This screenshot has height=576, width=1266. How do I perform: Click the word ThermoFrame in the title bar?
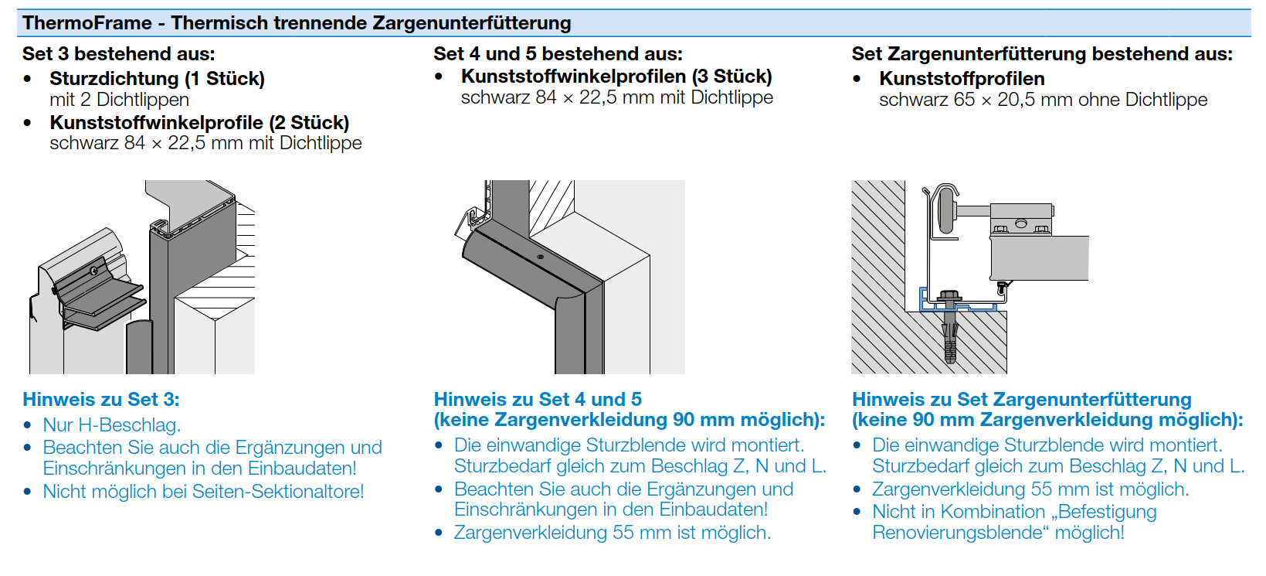point(87,23)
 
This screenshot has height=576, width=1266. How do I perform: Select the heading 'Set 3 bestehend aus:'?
point(118,54)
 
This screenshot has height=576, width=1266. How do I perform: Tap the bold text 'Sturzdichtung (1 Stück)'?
point(157,79)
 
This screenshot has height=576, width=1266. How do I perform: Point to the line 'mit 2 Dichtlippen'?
point(119,100)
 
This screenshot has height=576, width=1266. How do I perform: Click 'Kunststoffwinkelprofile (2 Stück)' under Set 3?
point(199,123)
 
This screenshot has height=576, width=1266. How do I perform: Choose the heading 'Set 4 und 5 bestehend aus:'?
point(558,54)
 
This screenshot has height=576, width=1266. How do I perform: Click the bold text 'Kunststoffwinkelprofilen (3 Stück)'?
point(616,77)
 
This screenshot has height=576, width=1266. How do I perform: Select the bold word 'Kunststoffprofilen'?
point(962,79)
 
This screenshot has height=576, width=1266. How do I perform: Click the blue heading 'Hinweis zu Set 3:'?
point(101,400)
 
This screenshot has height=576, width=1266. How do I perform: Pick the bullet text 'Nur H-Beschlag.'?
point(112,425)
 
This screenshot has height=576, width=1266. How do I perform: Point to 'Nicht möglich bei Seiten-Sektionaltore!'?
point(203,492)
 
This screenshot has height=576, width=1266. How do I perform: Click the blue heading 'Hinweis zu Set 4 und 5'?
point(538,400)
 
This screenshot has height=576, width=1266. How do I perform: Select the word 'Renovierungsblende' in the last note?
point(957,533)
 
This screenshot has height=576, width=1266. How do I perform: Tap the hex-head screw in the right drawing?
point(949,297)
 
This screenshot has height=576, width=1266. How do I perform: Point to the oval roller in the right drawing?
point(945,210)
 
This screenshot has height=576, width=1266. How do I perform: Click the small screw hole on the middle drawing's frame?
point(541,257)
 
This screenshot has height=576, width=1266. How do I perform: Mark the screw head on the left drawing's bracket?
point(93,271)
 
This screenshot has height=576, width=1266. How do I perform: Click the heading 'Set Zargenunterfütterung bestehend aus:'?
point(1042,54)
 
